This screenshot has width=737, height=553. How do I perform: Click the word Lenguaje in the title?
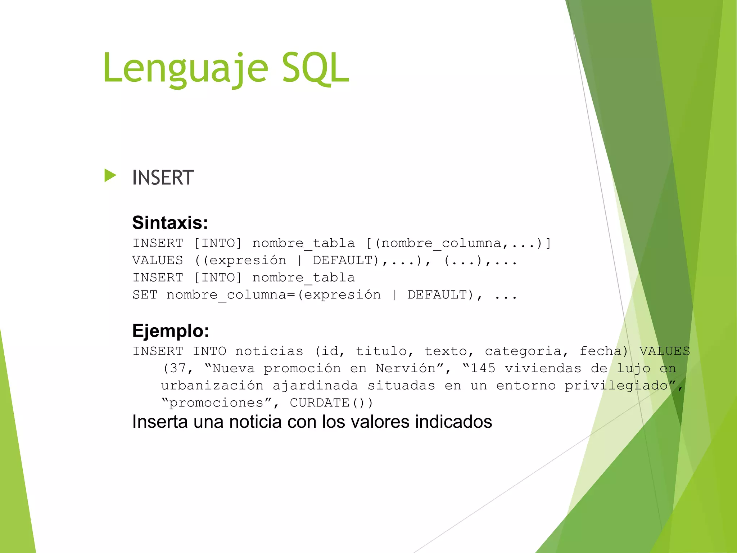(x=185, y=68)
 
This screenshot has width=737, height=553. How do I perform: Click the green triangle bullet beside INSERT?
(x=110, y=176)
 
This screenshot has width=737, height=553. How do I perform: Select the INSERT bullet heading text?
(x=163, y=177)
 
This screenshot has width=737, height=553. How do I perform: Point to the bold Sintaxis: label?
(x=170, y=222)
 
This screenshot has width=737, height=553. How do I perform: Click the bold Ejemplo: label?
(x=171, y=331)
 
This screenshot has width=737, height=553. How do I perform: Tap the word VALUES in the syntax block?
(x=158, y=260)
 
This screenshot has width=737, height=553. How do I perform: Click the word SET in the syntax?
(x=145, y=295)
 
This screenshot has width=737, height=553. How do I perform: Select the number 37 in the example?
(x=178, y=368)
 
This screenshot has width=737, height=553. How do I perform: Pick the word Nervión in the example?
(x=405, y=368)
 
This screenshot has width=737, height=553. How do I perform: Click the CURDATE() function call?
(x=331, y=403)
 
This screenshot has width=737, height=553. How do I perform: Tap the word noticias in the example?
(x=269, y=351)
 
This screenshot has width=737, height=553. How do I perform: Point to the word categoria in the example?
(x=523, y=351)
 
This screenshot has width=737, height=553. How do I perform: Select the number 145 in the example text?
(x=483, y=368)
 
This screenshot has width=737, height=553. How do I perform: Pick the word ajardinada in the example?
(x=315, y=386)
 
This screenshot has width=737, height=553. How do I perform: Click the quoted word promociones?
(x=216, y=403)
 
